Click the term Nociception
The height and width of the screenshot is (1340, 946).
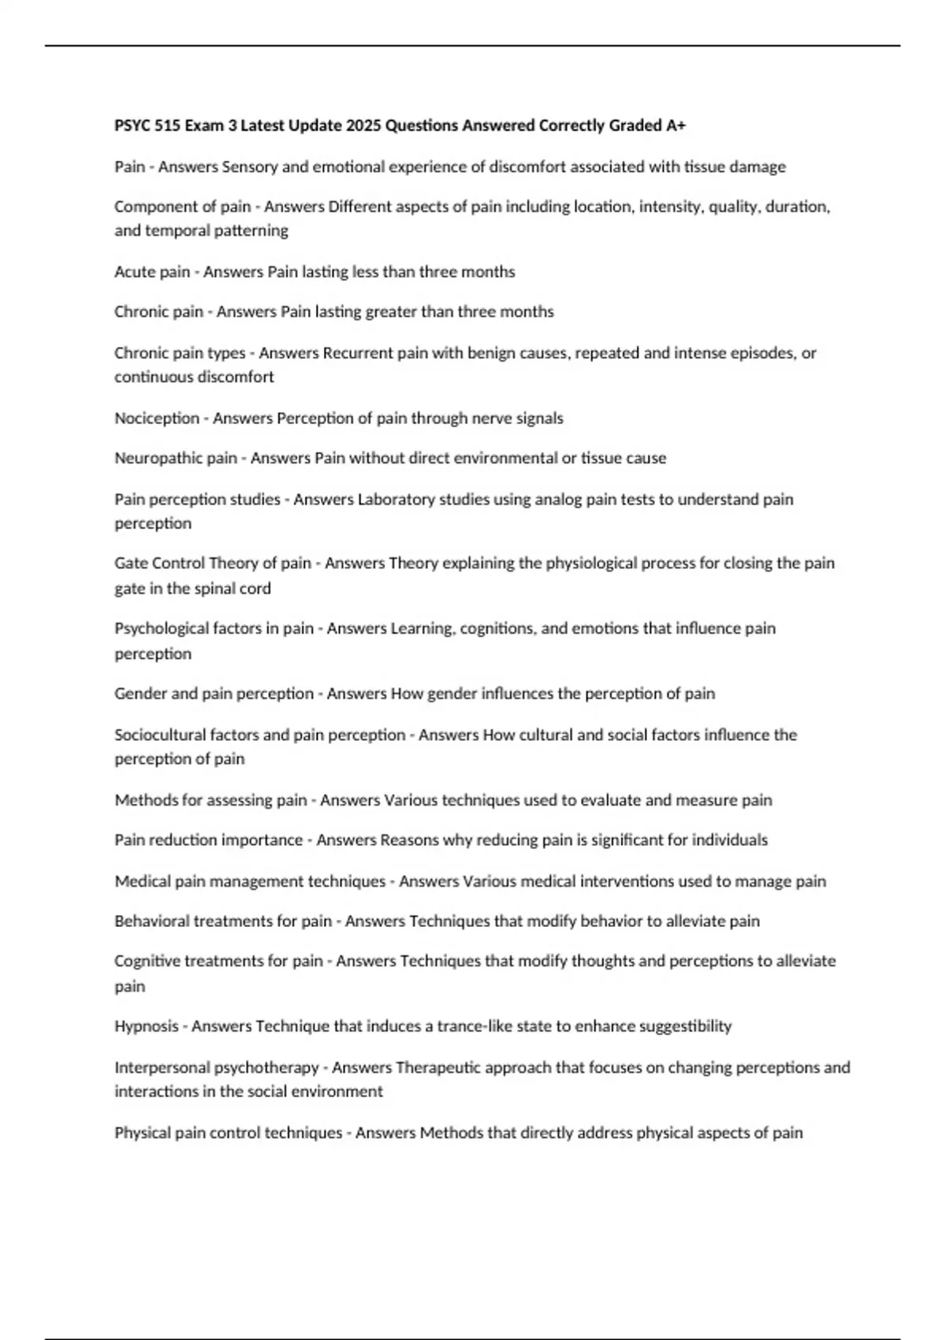pyautogui.click(x=156, y=418)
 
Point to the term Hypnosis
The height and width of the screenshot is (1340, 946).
pyautogui.click(x=146, y=1026)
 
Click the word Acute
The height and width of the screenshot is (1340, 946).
pyautogui.click(x=134, y=272)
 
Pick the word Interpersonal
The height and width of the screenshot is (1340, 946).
pyautogui.click(x=162, y=1067)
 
